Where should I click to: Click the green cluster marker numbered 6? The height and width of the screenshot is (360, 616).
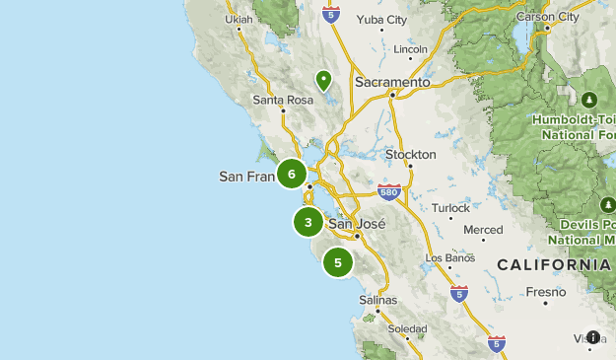click(x=292, y=174)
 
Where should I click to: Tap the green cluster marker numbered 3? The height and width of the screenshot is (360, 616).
click(x=308, y=223)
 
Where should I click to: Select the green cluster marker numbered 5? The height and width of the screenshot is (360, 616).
click(x=338, y=262)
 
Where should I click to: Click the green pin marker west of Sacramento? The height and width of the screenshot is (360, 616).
click(x=323, y=80)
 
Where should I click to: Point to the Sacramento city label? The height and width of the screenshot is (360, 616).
click(x=393, y=83)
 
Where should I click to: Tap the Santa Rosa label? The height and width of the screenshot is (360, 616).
click(x=282, y=100)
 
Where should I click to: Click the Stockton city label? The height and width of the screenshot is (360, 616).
click(x=410, y=155)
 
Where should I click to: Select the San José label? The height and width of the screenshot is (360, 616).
click(x=355, y=224)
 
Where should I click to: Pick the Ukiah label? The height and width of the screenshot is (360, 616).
click(x=239, y=19)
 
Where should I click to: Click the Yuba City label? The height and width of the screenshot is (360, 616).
click(x=383, y=19)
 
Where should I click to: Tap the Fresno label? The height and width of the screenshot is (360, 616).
click(x=546, y=292)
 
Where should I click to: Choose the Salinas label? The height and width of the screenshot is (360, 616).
click(x=378, y=299)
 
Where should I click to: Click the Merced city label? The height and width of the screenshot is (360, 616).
click(x=483, y=230)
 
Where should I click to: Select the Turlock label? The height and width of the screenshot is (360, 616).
click(x=451, y=208)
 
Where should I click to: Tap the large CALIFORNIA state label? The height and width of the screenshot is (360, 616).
click(x=553, y=265)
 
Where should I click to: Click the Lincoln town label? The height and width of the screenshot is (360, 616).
click(x=410, y=48)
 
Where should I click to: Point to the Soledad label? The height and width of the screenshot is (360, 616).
click(x=407, y=328)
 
